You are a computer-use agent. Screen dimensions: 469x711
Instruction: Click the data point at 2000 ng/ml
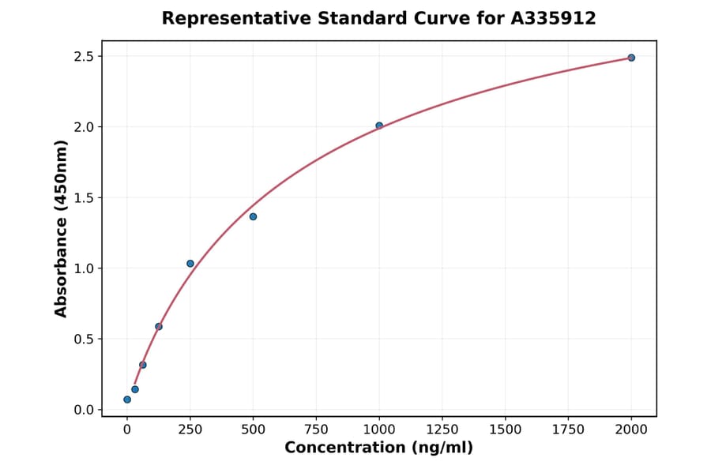[x=631, y=58]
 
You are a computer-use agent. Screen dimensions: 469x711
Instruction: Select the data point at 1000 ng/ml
[x=379, y=126]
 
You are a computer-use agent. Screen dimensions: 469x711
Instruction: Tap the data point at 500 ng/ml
[x=253, y=216]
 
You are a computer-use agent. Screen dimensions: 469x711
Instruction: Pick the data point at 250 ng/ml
[x=190, y=264]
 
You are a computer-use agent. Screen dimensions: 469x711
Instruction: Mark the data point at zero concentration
[x=127, y=400]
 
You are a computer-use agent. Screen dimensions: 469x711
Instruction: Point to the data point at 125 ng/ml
[x=159, y=326]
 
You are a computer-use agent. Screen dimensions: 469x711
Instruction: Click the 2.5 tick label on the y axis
[x=85, y=57]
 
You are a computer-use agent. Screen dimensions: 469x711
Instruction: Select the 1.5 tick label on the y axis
[x=85, y=198]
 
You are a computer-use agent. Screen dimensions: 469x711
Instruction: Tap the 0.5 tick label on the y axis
[x=85, y=340]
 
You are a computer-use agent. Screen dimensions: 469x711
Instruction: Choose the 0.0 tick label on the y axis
[x=85, y=410]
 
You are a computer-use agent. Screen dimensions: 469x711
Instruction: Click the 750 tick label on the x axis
[x=316, y=430]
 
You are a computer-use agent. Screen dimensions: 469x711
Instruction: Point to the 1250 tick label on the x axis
[x=442, y=430]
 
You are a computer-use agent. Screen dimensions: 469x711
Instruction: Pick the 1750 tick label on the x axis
[x=568, y=430]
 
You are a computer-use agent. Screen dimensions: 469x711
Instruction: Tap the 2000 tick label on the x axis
[x=631, y=430]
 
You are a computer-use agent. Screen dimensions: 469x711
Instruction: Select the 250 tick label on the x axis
[x=190, y=430]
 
